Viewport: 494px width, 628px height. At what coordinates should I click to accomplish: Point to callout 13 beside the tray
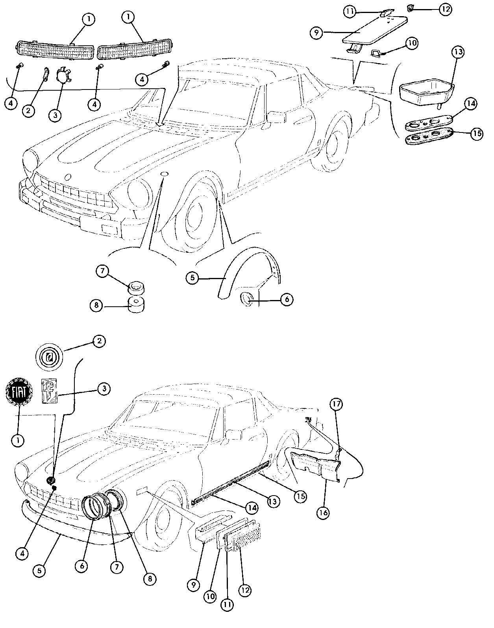459,52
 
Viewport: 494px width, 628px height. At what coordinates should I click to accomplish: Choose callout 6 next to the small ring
287,299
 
